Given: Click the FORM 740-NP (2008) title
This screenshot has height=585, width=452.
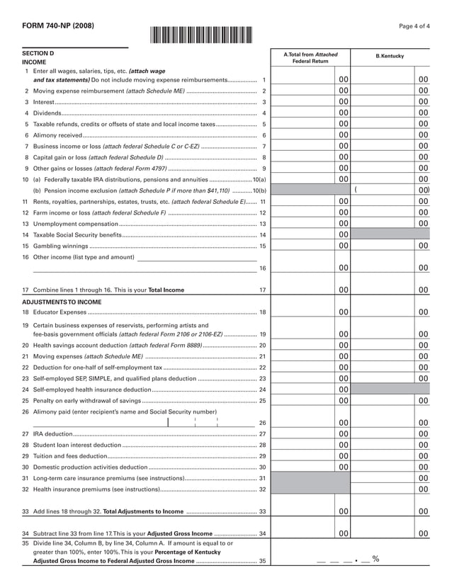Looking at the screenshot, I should [x=53, y=26].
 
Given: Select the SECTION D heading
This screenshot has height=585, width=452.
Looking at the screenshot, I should [x=38, y=54].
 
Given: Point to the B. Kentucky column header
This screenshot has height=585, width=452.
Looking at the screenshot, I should [x=390, y=56].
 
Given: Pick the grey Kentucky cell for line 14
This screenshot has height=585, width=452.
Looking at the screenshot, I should [x=390, y=234].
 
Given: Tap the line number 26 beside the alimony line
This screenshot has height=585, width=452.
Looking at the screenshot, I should [x=262, y=423].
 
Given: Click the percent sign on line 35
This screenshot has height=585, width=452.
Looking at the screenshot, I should [x=375, y=560].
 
